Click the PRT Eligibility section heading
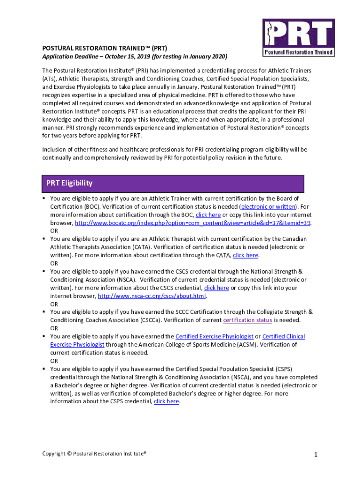coord(69,183)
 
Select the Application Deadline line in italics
coord(135,57)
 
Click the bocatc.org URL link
coord(193,223)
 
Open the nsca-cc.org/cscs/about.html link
coord(152,296)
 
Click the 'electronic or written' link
coord(268,206)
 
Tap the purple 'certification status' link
coord(247,320)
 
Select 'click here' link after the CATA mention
coord(245,255)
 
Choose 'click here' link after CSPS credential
coord(166,401)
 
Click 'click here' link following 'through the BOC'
coord(208,215)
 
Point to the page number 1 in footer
coord(316,455)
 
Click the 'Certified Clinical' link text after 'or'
coord(283,336)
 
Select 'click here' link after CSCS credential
coord(216,288)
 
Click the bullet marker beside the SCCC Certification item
coord(44,312)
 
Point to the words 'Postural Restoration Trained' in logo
coord(298,52)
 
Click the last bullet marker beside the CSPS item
coord(44,369)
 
